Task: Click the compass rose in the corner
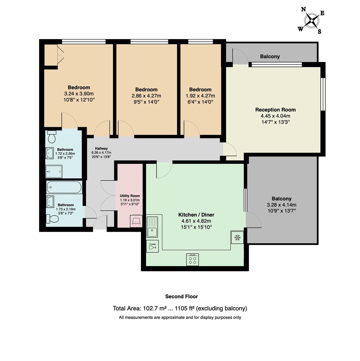(312, 21)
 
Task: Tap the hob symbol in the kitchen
(193, 260)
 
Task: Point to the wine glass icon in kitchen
(152, 246)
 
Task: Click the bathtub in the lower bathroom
(64, 187)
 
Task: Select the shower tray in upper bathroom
(54, 171)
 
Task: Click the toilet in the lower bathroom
(52, 219)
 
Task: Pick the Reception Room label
(275, 110)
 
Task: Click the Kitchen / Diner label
(196, 215)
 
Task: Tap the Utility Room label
(130, 196)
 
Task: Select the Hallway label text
(101, 148)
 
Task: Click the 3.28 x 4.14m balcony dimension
(281, 205)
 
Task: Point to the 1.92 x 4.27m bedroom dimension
(200, 96)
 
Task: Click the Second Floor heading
(182, 296)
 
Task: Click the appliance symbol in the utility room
(136, 221)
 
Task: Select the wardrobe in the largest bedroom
(51, 55)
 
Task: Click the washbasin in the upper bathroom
(49, 153)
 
